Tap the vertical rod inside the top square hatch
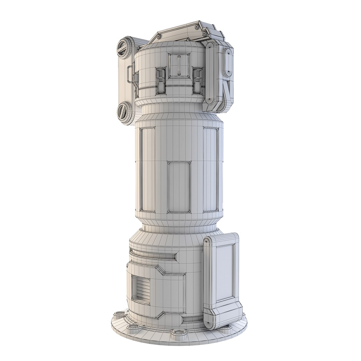179,66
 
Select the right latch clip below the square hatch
197,80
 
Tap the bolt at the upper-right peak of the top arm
197,26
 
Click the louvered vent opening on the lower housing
140,289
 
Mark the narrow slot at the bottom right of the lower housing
192,320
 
